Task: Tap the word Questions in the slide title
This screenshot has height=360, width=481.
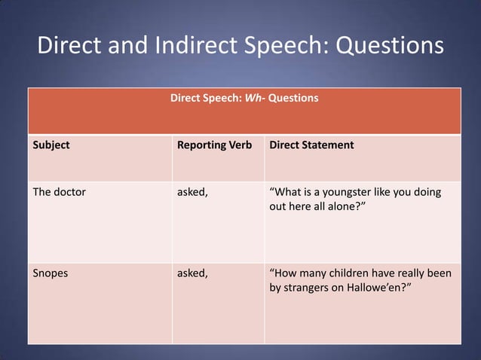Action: click(389, 46)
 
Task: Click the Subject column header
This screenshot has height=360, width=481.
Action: click(51, 145)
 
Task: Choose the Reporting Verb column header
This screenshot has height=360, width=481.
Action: click(214, 145)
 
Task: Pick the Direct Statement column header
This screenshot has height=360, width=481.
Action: click(311, 145)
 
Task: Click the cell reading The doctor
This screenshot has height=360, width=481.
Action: click(60, 191)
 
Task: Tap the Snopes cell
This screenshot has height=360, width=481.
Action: click(51, 273)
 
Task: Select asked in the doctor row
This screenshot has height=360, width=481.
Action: click(192, 191)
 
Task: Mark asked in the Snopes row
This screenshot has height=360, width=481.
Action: click(192, 273)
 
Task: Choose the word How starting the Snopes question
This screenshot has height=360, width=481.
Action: click(286, 273)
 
